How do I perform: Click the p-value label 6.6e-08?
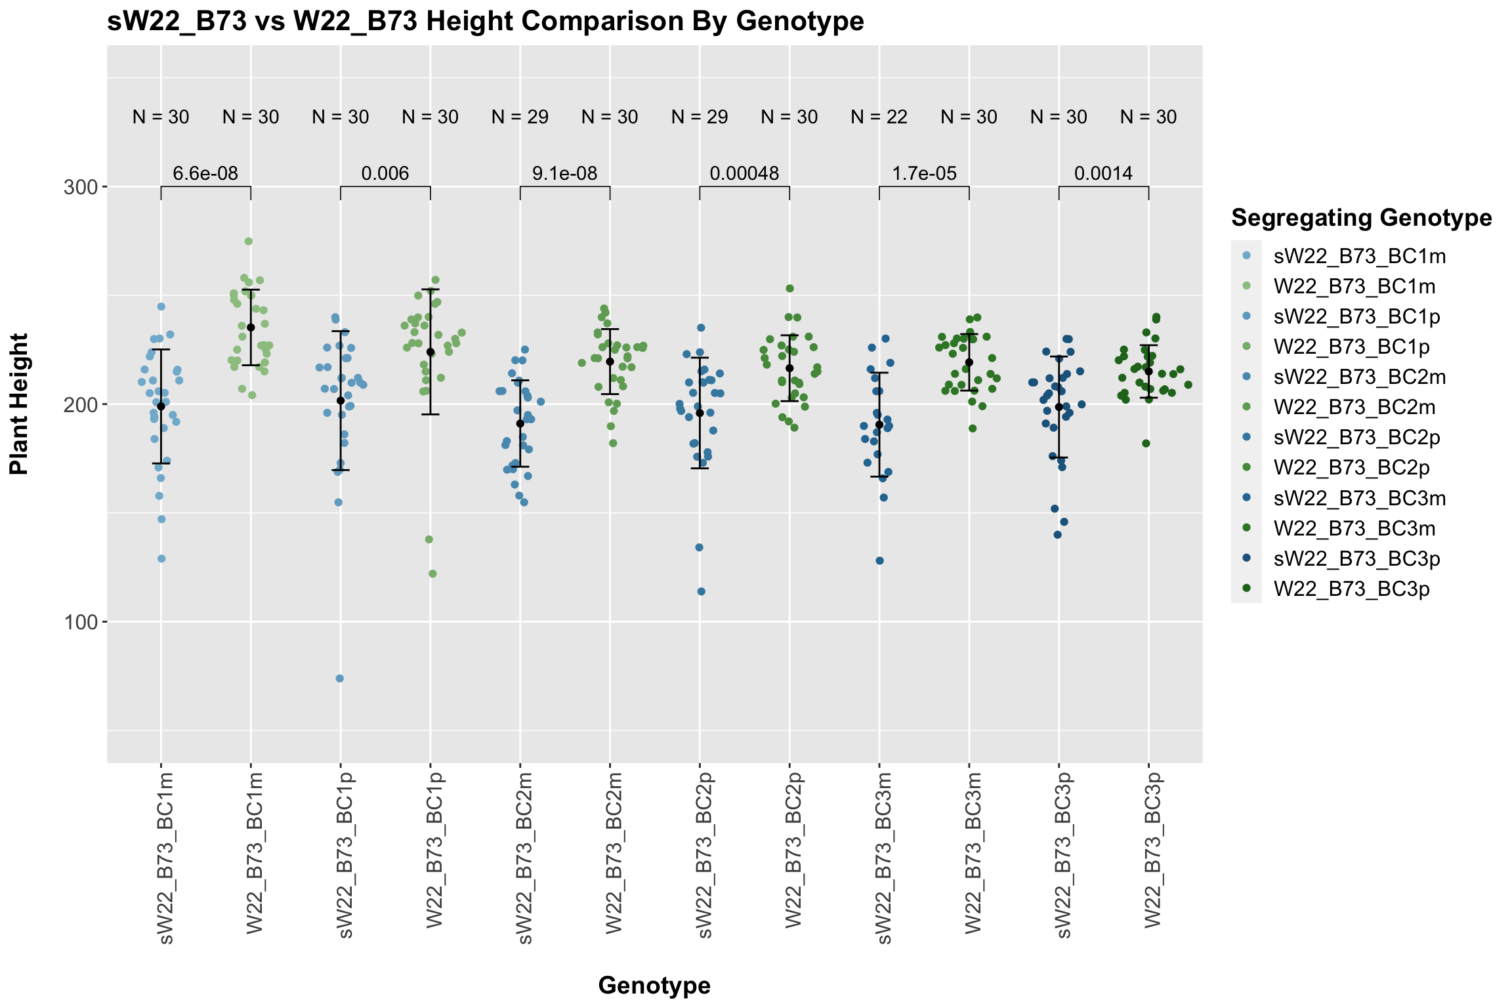205,174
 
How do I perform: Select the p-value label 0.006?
385,174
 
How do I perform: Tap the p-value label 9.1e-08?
564,174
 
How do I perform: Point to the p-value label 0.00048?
744,174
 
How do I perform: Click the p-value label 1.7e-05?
924,174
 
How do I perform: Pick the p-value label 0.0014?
1103,174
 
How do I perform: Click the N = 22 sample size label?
879,117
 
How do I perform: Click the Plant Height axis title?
20,404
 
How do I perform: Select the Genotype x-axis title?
654,986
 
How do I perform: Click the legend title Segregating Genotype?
1362,218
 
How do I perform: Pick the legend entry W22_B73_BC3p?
1351,589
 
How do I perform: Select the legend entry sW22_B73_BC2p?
1356,438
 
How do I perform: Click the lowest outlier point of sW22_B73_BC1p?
340,679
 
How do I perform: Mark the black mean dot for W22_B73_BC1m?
251,327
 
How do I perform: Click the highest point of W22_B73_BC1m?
249,241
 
